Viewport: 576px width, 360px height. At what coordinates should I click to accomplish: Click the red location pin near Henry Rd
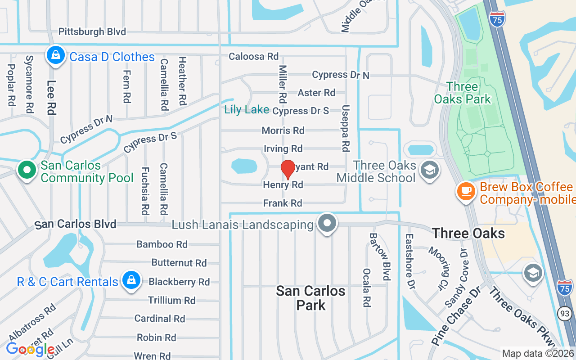[x=288, y=169]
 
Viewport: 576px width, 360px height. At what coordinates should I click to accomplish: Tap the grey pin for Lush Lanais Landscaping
[x=327, y=223]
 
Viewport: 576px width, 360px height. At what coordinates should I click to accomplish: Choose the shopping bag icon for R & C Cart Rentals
[x=131, y=280]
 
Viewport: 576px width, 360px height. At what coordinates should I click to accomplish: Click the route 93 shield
[x=565, y=313]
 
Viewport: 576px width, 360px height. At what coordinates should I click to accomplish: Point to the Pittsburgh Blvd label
[x=92, y=31]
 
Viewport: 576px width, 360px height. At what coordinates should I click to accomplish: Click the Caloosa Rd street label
[x=253, y=57]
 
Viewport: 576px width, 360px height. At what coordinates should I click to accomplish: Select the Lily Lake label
[x=247, y=109]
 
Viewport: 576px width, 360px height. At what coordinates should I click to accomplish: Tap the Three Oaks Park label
[x=463, y=93]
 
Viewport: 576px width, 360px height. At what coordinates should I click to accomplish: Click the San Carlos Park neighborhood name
[x=310, y=297]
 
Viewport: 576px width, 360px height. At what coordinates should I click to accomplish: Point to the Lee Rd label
[x=51, y=97]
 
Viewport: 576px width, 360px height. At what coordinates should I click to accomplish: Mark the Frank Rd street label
[x=283, y=203]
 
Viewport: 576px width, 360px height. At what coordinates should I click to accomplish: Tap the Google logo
[x=31, y=349]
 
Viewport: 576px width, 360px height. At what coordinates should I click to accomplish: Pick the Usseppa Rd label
[x=346, y=128]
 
